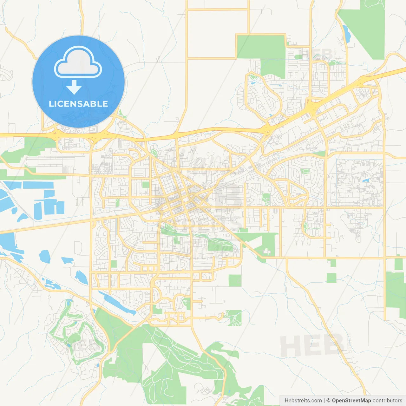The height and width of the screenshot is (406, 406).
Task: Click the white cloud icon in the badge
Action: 78,62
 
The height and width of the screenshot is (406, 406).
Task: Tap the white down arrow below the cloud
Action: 74,87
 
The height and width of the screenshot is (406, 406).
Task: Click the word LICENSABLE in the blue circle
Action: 78,104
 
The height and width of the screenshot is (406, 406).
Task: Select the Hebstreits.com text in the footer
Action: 303,401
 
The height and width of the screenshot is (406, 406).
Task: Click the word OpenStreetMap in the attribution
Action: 351,401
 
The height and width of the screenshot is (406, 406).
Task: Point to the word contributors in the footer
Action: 387,401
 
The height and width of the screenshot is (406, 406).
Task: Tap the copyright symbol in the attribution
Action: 328,401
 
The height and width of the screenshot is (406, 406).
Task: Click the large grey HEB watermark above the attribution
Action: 312,345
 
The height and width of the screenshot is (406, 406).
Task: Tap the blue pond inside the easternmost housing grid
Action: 367,180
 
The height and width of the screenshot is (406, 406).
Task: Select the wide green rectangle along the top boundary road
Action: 261,47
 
